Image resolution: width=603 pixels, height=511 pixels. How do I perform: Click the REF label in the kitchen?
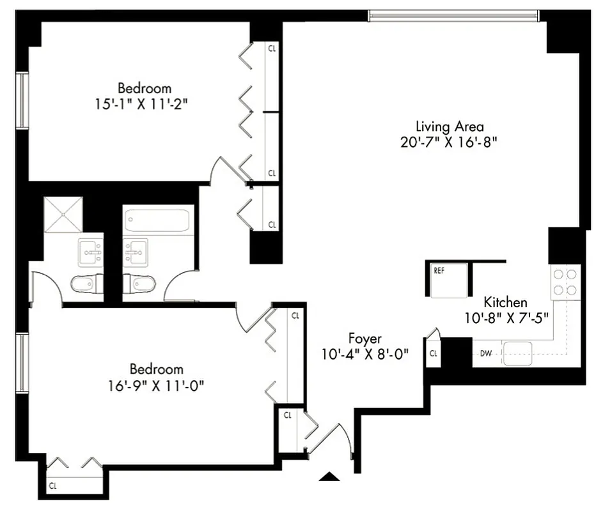[439, 270]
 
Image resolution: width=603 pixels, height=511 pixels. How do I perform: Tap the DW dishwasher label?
[485, 353]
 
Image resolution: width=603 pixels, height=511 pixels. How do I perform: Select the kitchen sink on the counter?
[518, 353]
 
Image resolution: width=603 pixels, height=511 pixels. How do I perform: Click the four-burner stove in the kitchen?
[565, 282]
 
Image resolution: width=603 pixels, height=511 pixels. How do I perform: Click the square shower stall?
[63, 215]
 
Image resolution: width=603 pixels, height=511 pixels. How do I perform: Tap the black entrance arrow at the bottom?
[329, 476]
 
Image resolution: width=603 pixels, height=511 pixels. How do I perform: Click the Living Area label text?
[450, 126]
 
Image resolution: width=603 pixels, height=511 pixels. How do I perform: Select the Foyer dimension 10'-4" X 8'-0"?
[365, 353]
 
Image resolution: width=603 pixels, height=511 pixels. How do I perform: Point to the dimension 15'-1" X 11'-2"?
[145, 103]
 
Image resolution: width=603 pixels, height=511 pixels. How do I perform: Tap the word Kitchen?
[505, 302]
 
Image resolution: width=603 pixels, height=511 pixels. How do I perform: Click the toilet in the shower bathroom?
[86, 283]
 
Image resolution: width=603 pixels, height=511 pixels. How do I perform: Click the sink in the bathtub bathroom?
[136, 251]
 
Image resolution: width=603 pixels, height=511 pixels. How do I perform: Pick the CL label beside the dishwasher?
[433, 353]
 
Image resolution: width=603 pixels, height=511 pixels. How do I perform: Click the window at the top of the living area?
[454, 15]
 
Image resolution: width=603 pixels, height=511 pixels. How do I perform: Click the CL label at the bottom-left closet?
[53, 486]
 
